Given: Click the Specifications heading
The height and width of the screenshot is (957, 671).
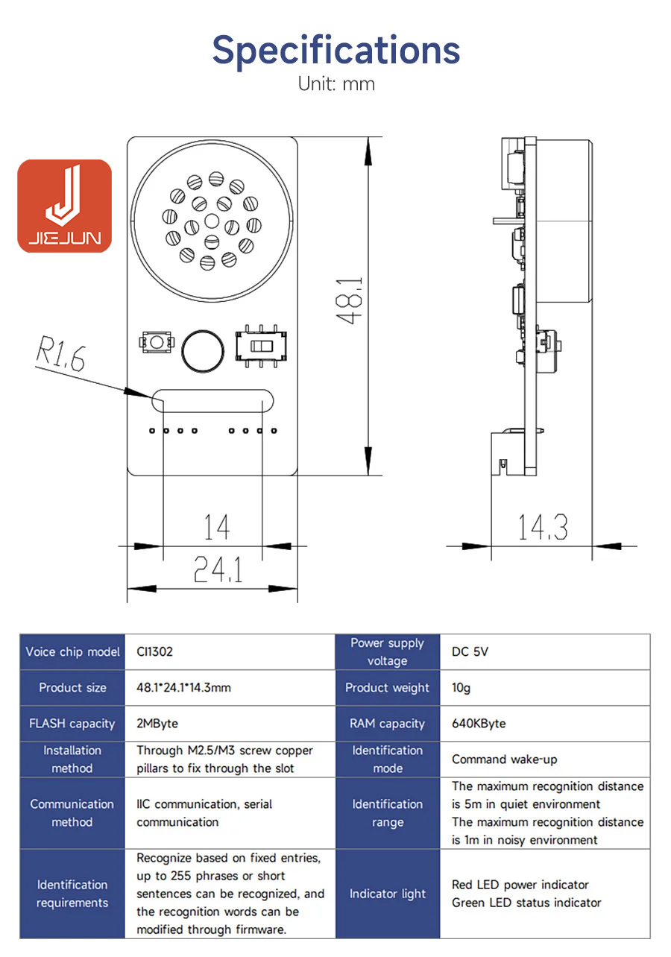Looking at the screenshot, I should click(335, 49).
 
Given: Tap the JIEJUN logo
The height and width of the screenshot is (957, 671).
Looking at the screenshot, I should click(65, 206).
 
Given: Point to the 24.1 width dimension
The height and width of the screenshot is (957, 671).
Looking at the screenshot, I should click(218, 571).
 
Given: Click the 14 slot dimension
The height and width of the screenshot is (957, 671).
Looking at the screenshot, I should click(216, 528).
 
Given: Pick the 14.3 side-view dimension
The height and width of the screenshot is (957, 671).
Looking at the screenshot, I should click(543, 527).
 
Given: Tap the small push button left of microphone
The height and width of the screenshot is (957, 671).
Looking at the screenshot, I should click(157, 343).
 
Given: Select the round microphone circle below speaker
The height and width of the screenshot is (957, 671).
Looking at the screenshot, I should click(202, 350).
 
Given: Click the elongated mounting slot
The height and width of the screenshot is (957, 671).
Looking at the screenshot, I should click(213, 400).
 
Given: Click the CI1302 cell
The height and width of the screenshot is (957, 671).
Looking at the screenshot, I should click(155, 651).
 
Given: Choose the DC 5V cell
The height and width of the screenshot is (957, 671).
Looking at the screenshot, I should click(470, 651).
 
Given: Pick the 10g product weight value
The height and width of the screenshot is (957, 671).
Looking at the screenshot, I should click(461, 687).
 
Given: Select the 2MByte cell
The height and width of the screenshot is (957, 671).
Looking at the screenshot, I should click(157, 723).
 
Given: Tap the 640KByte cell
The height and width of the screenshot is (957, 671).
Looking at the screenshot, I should click(479, 723).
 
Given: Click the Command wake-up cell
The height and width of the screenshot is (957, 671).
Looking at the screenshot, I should click(504, 759).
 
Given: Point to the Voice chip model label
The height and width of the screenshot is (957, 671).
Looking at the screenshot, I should click(72, 651).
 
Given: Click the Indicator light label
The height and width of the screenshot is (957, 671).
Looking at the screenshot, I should click(388, 894).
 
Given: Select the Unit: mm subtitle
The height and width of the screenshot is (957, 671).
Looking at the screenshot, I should click(336, 83).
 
